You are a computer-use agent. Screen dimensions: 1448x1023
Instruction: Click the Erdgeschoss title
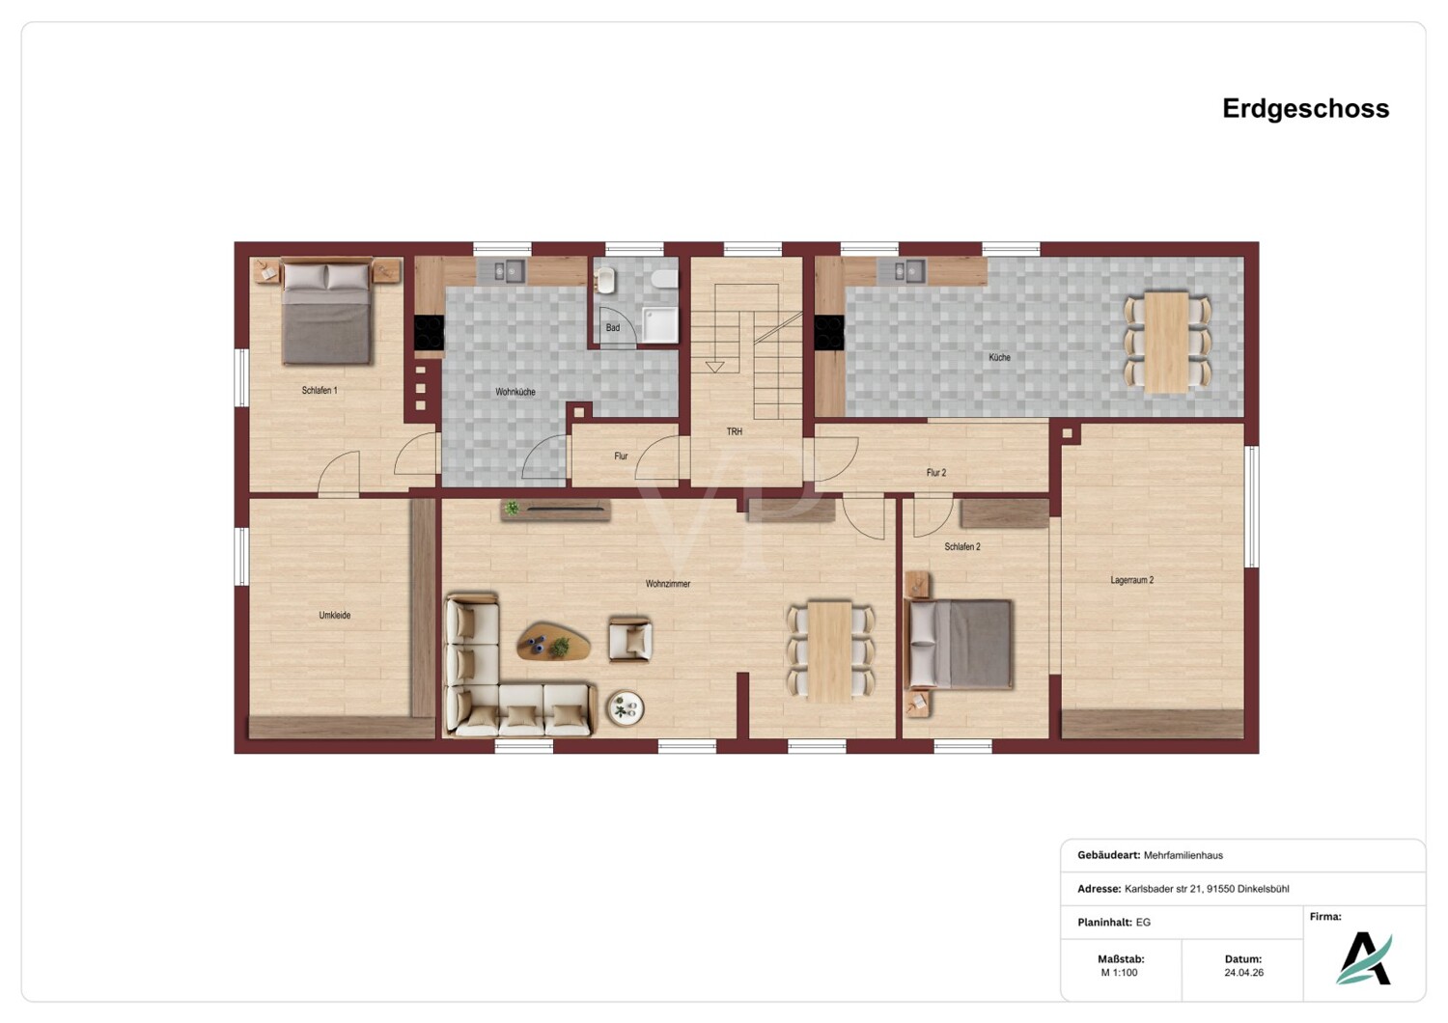tap(1305, 108)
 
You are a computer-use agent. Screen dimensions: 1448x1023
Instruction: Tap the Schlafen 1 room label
tap(320, 390)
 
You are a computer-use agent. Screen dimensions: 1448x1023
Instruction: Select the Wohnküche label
tap(515, 392)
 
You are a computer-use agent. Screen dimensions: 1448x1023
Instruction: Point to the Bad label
tap(613, 327)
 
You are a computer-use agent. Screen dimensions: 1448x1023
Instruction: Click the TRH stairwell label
tap(735, 431)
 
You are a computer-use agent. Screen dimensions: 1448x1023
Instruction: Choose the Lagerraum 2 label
tap(1132, 580)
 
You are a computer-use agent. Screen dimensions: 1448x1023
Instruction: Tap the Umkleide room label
tap(335, 615)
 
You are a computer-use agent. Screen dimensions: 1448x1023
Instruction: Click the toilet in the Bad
tap(664, 279)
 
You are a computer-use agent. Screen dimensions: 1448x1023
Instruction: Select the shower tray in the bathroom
tap(660, 325)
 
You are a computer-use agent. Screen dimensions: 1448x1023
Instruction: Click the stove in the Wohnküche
tap(430, 333)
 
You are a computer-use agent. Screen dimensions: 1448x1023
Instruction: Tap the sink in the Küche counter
tap(901, 271)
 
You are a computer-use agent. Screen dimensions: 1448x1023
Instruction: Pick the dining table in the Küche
tap(1167, 342)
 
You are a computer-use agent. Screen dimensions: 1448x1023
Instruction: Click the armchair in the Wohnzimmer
tap(630, 639)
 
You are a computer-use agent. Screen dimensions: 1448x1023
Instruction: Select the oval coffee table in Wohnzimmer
tap(553, 642)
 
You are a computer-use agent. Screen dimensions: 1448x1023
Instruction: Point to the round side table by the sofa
tap(626, 708)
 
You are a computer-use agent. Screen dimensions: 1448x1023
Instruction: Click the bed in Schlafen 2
tap(961, 644)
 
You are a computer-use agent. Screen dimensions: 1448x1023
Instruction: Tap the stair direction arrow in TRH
tap(714, 367)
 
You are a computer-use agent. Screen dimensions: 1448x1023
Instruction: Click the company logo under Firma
tap(1364, 958)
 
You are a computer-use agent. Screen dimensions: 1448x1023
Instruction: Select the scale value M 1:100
tap(1120, 973)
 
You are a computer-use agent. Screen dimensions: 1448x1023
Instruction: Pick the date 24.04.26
tap(1243, 973)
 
